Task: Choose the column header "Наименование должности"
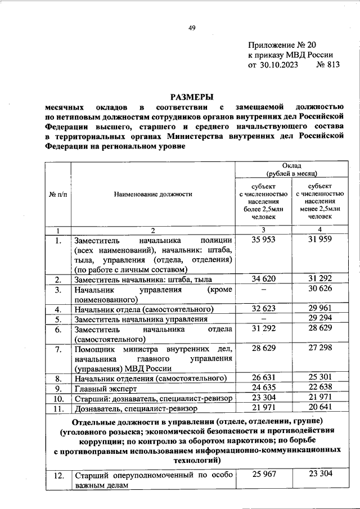click(x=153, y=193)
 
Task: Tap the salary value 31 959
click(x=318, y=240)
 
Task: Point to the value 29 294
click(x=318, y=318)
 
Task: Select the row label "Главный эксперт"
click(x=102, y=388)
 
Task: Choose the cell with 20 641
click(x=318, y=407)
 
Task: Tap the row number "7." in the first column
click(x=58, y=350)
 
